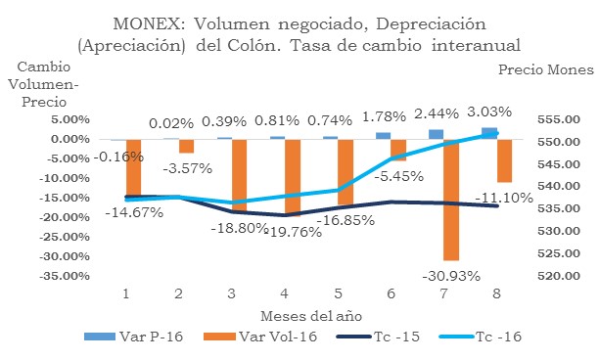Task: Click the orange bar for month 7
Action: [450, 200]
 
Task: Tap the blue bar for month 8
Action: [488, 133]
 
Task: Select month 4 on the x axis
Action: [283, 292]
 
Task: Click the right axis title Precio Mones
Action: [546, 70]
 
